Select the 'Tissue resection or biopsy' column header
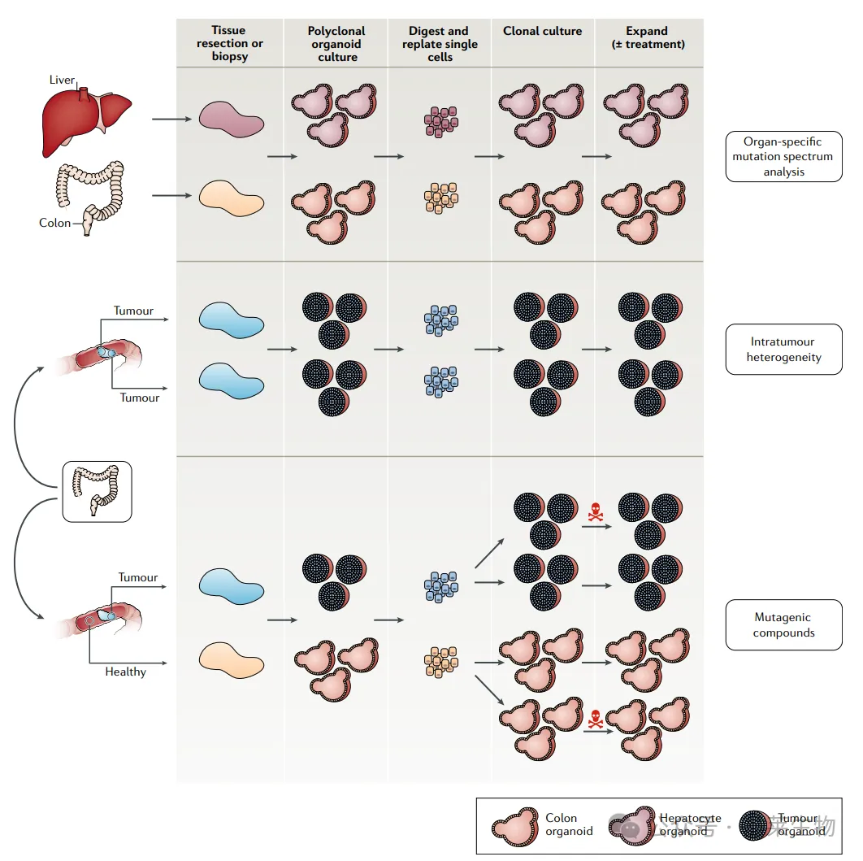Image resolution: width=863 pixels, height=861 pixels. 230,43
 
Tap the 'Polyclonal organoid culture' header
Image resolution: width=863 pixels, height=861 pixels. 336,44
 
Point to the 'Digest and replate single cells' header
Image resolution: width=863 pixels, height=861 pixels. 440,44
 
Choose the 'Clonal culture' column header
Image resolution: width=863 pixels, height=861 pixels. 542,32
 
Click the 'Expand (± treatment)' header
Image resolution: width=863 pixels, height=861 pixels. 648,37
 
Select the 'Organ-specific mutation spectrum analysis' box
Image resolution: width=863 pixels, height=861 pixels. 783,157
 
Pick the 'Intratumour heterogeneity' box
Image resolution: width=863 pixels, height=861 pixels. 783,350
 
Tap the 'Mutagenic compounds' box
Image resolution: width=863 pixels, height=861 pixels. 783,625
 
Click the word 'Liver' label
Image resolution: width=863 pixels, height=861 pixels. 62,80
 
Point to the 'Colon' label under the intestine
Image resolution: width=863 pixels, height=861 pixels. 55,222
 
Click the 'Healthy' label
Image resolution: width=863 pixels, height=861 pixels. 125,672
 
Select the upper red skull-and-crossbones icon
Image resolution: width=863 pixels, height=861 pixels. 596,511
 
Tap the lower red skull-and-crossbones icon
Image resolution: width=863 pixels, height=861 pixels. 595,719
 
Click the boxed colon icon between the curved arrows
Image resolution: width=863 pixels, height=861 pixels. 97,491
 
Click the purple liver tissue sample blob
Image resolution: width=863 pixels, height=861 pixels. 232,119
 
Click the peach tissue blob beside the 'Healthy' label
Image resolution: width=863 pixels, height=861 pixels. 232,659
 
